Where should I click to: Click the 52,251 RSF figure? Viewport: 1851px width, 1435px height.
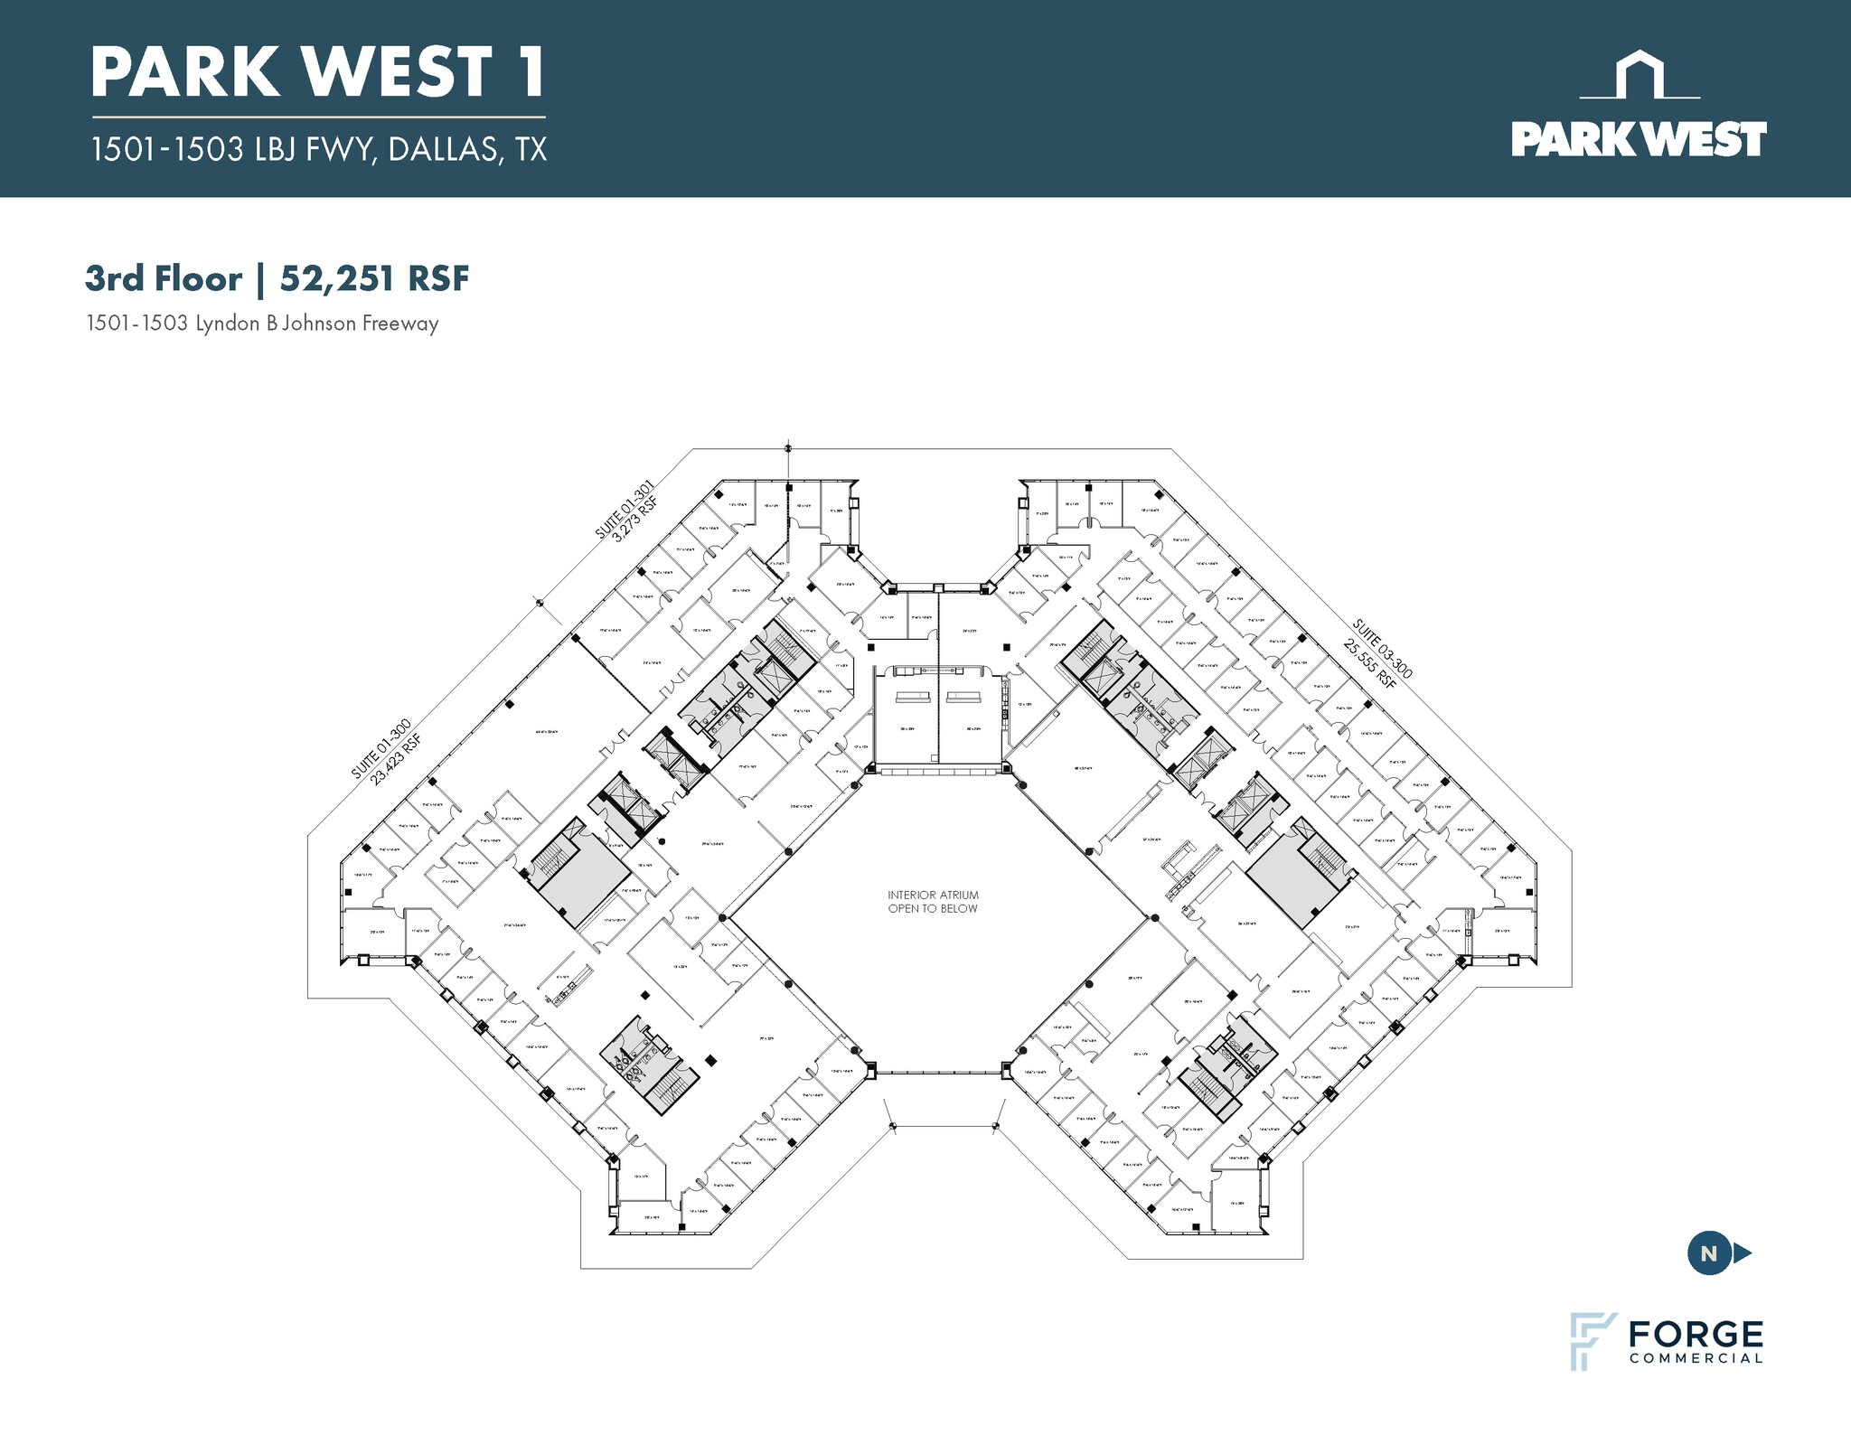[x=374, y=278]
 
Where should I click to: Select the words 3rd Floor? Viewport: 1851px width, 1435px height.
[x=164, y=278]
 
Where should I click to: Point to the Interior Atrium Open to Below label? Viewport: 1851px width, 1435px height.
[x=933, y=902]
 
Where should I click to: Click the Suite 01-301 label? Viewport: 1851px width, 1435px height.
[x=623, y=511]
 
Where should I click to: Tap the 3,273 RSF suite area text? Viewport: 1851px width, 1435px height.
[x=635, y=520]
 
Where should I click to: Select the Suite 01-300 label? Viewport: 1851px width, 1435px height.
[x=381, y=748]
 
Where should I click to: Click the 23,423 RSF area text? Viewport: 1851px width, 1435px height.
[x=397, y=759]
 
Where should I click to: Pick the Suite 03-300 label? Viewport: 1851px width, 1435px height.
[x=1382, y=648]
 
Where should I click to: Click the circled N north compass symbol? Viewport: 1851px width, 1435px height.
[x=1708, y=1253]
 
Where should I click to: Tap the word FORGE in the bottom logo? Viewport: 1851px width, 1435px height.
[x=1696, y=1334]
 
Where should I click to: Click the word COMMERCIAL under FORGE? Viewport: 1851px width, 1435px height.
[x=1696, y=1358]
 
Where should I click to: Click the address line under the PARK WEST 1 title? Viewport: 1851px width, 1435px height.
[x=318, y=149]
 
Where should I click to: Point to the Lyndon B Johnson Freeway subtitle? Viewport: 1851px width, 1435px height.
[x=262, y=324]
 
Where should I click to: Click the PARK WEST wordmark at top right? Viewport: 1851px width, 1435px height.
[x=1639, y=140]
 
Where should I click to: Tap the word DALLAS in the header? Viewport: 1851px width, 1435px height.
[x=442, y=149]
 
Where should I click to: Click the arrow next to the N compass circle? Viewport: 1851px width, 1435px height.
[x=1743, y=1253]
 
